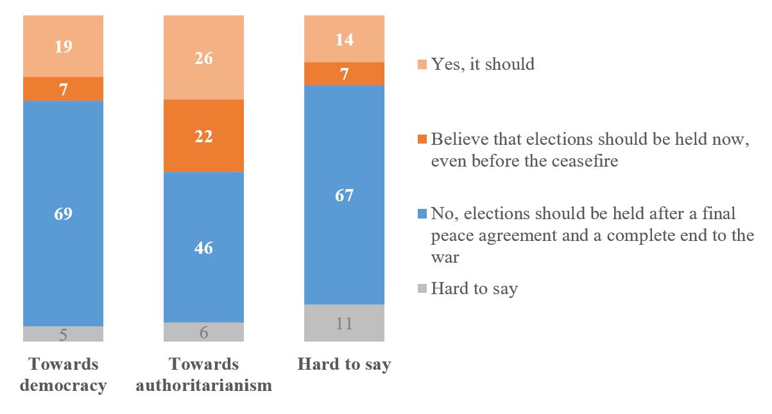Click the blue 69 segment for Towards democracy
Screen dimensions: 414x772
coord(63,213)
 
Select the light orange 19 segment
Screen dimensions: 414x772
coord(63,46)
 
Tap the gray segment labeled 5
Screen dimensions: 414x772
coord(63,334)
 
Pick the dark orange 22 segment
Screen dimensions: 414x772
coord(203,136)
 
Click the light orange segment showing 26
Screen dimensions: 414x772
coord(203,58)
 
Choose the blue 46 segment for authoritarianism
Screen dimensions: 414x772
coord(203,247)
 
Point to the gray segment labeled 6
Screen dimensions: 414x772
coord(203,332)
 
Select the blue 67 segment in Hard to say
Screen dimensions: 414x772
coord(344,195)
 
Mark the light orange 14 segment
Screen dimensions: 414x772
coord(344,39)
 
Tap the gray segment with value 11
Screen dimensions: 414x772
coord(344,323)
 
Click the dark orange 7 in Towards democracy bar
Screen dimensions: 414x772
coord(63,89)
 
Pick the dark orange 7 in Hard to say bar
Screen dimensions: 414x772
coord(344,74)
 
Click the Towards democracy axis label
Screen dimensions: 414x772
coord(63,375)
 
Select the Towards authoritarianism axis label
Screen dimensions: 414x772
coord(203,375)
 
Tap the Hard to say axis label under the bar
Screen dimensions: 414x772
coord(344,365)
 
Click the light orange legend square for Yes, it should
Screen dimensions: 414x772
coord(422,65)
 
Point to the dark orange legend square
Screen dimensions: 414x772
coord(422,140)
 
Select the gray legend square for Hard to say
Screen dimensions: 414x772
coord(422,289)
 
